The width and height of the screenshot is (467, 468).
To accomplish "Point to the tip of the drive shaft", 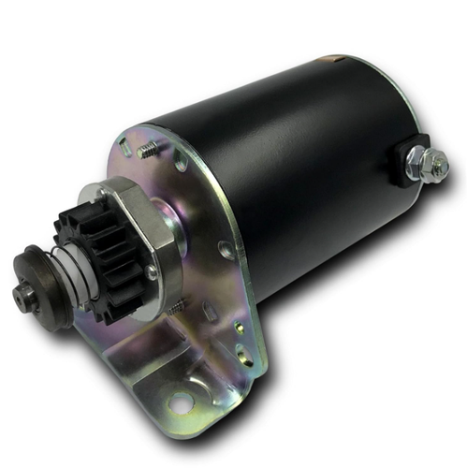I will (20, 295).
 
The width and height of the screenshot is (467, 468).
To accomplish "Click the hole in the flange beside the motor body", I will (226, 250).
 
